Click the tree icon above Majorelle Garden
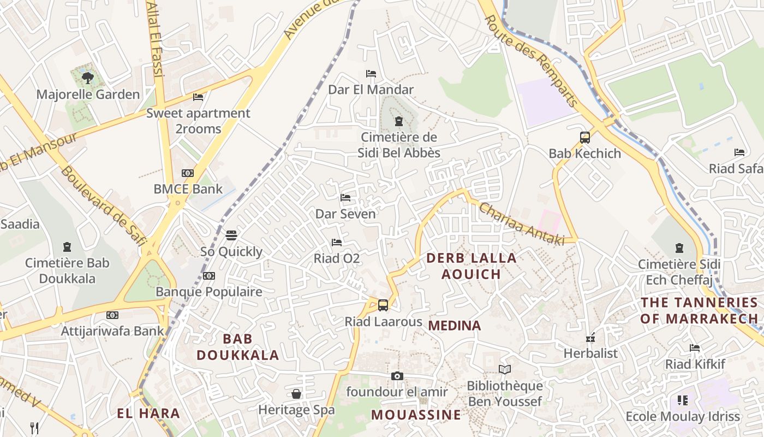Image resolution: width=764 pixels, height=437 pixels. [87, 78]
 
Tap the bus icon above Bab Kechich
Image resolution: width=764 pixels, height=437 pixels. [584, 137]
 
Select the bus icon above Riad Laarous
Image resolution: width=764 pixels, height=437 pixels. [383, 305]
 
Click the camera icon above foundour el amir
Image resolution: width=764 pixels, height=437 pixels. [397, 376]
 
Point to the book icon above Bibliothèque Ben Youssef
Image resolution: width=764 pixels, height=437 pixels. [504, 370]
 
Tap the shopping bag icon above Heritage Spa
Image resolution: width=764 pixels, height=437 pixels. [296, 393]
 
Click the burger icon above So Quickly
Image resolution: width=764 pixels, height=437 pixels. [231, 235]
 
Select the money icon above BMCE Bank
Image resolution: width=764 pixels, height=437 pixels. [188, 173]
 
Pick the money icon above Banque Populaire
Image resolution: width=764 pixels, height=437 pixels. [209, 275]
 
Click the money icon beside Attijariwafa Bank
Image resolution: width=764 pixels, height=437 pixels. [112, 315]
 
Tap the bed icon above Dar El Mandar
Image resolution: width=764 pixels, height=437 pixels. [371, 73]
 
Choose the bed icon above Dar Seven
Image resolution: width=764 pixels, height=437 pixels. [345, 197]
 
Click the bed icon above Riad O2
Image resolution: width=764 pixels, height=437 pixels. [337, 242]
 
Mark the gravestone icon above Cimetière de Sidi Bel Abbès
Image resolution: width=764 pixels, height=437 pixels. [398, 121]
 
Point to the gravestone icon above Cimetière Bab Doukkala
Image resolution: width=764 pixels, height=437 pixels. [67, 247]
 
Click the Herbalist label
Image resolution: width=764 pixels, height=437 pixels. [590, 353]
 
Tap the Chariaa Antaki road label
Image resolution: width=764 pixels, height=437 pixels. [521, 224]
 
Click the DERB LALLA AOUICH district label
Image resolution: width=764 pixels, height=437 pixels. [471, 266]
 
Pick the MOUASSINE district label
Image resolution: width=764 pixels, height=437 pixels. [416, 415]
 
